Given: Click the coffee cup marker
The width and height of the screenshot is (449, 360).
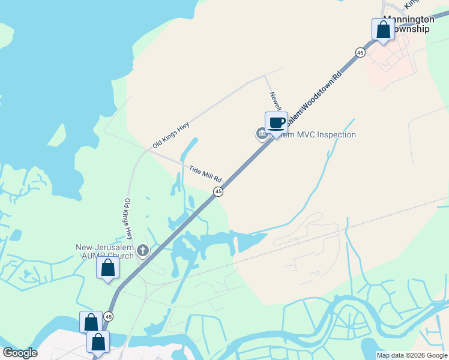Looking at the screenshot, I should tap(276, 123).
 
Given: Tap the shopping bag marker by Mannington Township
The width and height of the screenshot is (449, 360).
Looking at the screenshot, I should tap(383, 29).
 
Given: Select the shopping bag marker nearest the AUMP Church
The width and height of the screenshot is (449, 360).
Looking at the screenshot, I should tap(107, 268).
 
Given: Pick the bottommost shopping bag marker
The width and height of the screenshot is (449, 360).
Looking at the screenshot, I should tap(98, 342).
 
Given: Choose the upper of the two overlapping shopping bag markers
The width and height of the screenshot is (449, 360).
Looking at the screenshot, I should tap(91, 322).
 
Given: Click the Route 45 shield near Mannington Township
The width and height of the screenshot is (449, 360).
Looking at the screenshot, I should tap(360, 52).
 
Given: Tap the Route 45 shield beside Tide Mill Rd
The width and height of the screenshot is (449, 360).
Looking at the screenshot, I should tap(218, 191).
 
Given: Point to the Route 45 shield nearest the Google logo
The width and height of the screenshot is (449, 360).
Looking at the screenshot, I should tap(108, 316).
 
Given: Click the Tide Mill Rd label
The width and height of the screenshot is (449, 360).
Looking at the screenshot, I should tap(205, 175).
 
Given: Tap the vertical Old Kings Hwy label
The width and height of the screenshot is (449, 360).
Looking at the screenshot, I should tap(128, 219).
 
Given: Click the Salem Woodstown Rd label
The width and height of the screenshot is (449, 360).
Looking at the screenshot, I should tap(313, 98).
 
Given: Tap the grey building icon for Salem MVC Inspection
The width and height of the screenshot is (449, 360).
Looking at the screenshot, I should tap(262, 134).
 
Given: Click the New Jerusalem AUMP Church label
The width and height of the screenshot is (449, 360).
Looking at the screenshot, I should tap(106, 251).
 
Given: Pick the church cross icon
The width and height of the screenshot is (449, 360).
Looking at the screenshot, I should tap(143, 249).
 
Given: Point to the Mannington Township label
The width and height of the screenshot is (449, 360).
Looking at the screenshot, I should tap(408, 24).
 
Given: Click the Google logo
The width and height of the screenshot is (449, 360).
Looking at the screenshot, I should tap(20, 353).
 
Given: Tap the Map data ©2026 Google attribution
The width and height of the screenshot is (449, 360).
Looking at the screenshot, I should tap(412, 355).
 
